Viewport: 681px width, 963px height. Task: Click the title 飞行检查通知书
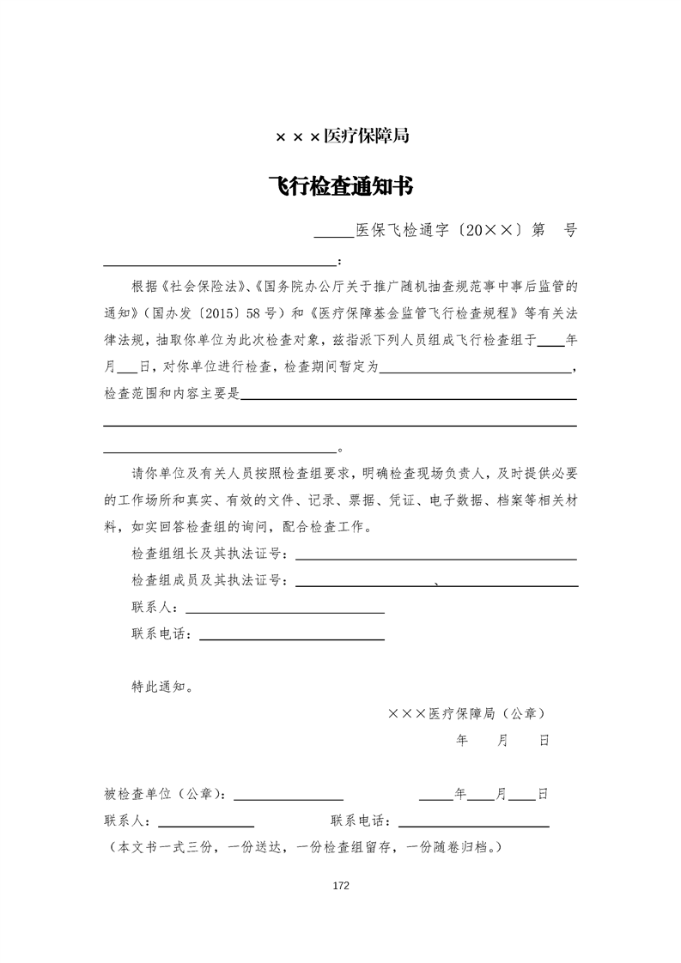point(341,187)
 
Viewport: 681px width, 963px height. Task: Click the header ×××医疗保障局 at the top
point(341,136)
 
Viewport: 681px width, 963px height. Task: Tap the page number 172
point(341,886)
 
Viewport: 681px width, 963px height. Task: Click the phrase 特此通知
point(161,687)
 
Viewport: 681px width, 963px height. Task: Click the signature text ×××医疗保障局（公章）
point(465,713)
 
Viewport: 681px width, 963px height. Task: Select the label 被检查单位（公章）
point(165,794)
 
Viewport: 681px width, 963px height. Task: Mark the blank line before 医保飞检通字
point(333,234)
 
